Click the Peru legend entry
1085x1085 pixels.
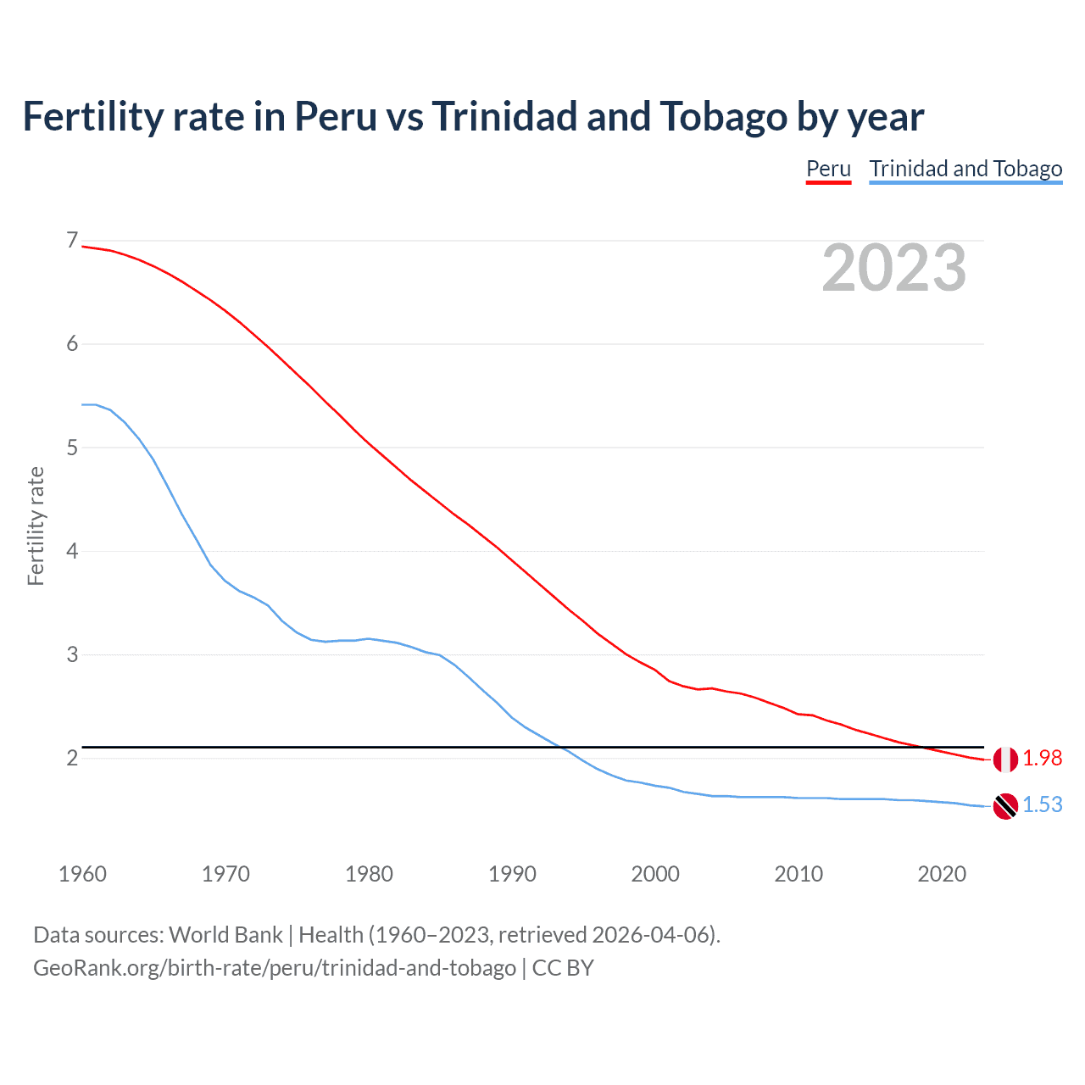point(828,169)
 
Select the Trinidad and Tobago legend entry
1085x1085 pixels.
point(965,169)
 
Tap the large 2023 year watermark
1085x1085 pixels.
point(893,268)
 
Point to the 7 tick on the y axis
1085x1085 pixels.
point(72,241)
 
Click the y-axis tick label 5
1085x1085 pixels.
point(72,448)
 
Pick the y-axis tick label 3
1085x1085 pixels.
point(72,654)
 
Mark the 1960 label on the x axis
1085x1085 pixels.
point(82,874)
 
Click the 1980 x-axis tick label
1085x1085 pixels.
point(369,874)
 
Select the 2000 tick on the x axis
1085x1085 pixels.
point(655,874)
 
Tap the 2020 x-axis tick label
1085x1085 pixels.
point(942,874)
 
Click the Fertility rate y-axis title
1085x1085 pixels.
point(36,526)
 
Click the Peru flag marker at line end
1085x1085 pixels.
point(1005,759)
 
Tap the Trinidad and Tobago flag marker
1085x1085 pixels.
point(1005,805)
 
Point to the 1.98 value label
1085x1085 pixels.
point(1042,759)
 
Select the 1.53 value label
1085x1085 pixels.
point(1042,804)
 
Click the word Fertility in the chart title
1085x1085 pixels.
point(92,117)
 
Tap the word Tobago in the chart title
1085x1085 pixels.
point(723,117)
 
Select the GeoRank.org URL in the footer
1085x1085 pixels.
point(275,968)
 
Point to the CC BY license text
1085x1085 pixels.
point(563,968)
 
